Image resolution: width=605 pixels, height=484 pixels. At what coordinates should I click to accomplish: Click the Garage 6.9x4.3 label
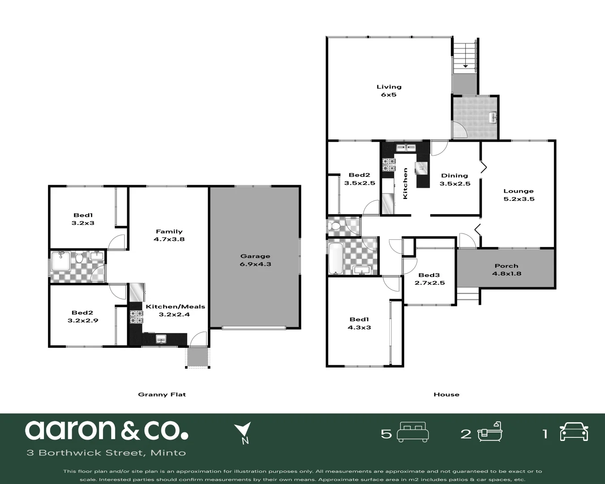pyautogui.click(x=255, y=260)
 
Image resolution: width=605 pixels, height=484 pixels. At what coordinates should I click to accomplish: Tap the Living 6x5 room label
pyautogui.click(x=389, y=91)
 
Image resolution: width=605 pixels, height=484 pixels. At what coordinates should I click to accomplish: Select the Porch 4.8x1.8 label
pyautogui.click(x=506, y=269)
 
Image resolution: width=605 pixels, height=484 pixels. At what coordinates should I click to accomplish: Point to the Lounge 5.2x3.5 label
pyautogui.click(x=519, y=195)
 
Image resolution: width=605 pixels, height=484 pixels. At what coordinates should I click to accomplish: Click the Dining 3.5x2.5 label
pyautogui.click(x=454, y=179)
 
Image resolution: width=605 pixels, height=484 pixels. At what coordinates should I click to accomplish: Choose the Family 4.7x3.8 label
pyautogui.click(x=169, y=235)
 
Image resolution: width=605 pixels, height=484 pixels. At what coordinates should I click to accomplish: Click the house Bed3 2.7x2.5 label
pyautogui.click(x=429, y=279)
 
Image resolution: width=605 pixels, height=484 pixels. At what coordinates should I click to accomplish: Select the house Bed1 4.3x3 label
pyautogui.click(x=360, y=323)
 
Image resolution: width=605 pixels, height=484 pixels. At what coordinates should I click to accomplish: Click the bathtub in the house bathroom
pyautogui.click(x=335, y=258)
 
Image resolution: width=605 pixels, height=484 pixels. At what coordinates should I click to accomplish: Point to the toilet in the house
pyautogui.click(x=334, y=225)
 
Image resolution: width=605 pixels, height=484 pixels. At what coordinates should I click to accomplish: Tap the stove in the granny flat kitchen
pyautogui.click(x=136, y=317)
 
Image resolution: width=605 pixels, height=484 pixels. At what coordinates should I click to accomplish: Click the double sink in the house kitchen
pyautogui.click(x=406, y=147)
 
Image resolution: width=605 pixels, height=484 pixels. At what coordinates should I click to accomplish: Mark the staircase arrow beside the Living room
pyautogui.click(x=465, y=66)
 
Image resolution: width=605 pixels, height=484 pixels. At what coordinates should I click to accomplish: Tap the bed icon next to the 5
pyautogui.click(x=413, y=432)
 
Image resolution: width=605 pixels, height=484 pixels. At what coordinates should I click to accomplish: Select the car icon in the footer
pyautogui.click(x=574, y=432)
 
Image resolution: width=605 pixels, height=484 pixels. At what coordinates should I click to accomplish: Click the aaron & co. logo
pyautogui.click(x=106, y=430)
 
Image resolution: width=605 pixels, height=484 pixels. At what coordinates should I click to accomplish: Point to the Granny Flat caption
pyautogui.click(x=162, y=394)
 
